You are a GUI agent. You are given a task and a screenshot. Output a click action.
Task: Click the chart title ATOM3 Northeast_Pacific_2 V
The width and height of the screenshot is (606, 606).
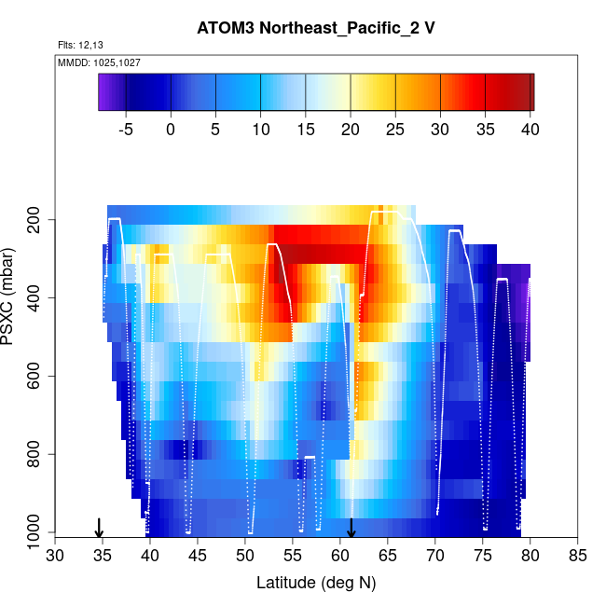pyautogui.click(x=315, y=27)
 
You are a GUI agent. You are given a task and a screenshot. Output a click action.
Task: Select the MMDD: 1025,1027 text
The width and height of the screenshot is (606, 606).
pyautogui.click(x=93, y=62)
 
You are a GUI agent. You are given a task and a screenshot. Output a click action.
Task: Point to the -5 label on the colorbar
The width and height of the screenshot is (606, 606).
pyautogui.click(x=127, y=130)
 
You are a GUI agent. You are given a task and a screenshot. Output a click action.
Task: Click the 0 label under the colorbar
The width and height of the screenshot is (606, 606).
pyautogui.click(x=171, y=130)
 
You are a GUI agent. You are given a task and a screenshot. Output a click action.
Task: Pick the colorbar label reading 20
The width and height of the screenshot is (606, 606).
pyautogui.click(x=351, y=130)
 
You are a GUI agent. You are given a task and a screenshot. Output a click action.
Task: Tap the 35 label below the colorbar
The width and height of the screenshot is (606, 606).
pyautogui.click(x=486, y=130)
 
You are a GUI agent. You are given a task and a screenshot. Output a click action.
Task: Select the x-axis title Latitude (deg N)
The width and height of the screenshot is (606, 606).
pyautogui.click(x=315, y=583)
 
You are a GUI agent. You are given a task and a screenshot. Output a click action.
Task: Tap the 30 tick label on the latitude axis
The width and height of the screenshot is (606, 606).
pyautogui.click(x=55, y=557)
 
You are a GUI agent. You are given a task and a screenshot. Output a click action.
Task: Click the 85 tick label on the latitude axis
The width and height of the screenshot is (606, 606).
pyautogui.click(x=577, y=557)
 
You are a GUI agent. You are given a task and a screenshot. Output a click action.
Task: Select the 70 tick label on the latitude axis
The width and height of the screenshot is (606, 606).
pyautogui.click(x=434, y=557)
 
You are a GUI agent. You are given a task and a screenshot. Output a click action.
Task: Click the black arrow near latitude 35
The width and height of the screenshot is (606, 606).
pyautogui.click(x=99, y=528)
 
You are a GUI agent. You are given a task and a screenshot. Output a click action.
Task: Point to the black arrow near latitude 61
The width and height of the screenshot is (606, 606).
pyautogui.click(x=351, y=528)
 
